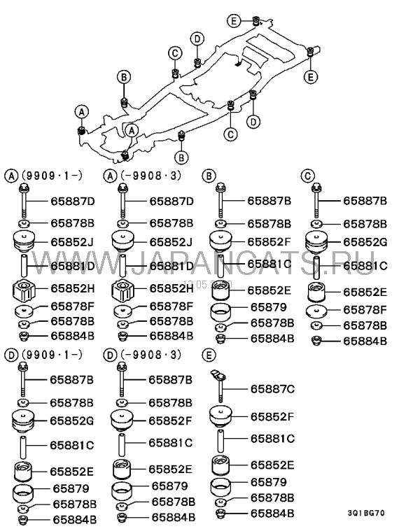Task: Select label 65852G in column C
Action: pos(365,241)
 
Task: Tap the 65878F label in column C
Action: pos(365,309)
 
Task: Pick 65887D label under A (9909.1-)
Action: pos(72,201)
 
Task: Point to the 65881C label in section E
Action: pos(272,439)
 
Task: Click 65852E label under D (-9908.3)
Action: pos(171,470)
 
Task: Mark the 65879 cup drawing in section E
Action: pos(221,484)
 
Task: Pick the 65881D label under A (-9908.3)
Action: pos(171,266)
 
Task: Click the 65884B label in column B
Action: pos(269,339)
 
